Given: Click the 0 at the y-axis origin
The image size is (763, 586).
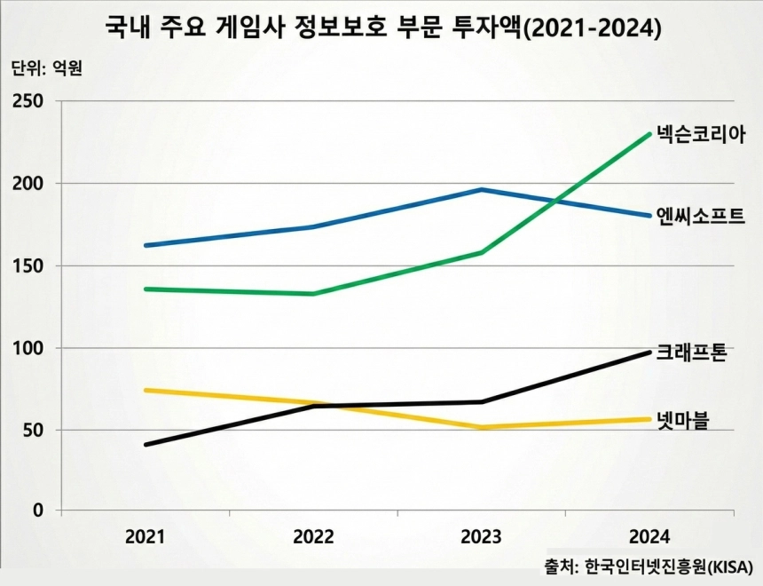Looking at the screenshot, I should [37, 511].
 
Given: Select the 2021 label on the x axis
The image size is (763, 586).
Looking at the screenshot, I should [145, 537].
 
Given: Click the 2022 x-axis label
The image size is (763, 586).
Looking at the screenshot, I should [313, 537].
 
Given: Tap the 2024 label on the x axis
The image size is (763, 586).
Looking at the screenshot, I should [649, 537].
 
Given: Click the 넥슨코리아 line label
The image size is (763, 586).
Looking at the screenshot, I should [700, 135].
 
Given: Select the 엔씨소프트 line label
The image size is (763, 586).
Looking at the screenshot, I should [700, 216].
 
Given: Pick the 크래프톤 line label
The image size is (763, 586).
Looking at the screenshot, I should [692, 352].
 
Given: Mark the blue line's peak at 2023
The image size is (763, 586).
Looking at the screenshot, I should [481, 189].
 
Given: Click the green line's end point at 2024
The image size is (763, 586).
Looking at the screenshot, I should [649, 134].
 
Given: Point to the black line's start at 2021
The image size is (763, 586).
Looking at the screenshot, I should [146, 444].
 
